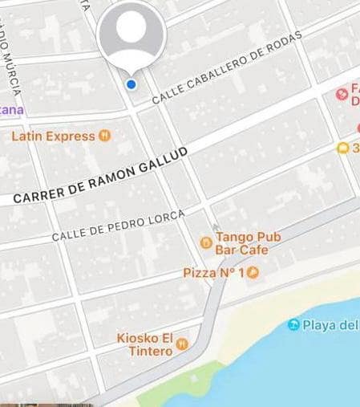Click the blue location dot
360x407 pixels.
[131, 84]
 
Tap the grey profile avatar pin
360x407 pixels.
[131, 33]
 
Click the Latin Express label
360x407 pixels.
[53, 136]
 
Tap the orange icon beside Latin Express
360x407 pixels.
[104, 136]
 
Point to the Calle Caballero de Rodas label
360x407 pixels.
[227, 67]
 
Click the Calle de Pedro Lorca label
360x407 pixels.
[118, 226]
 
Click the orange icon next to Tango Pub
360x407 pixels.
[206, 240]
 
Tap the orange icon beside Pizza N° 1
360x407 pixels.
[253, 273]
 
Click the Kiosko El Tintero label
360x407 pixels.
[145, 344]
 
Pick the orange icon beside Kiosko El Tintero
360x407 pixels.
[183, 344]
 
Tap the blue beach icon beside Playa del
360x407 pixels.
[294, 325]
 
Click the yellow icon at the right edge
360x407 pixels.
[343, 148]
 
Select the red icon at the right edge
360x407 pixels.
[342, 95]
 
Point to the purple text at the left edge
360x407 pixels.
[11, 109]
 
